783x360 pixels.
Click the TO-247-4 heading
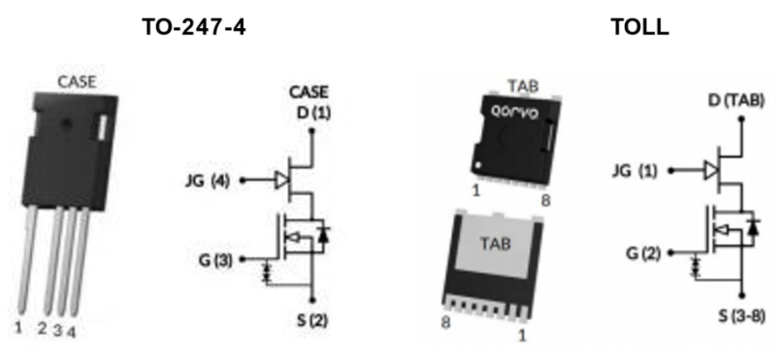click(194, 26)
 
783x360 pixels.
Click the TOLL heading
click(640, 26)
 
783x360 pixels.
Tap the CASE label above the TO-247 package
click(77, 82)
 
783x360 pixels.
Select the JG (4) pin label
click(208, 180)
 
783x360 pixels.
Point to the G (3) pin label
click(214, 260)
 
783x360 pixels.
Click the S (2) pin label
click(312, 320)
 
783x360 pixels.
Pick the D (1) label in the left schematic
click(314, 113)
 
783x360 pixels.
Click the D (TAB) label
click(736, 100)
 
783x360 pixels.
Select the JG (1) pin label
click(635, 171)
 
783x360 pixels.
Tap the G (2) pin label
click(643, 253)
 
